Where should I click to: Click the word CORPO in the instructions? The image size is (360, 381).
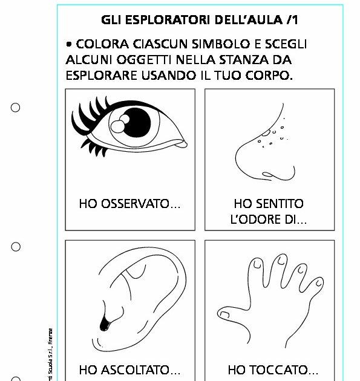pos(267,76)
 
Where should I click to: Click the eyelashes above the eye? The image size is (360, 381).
pos(91,110)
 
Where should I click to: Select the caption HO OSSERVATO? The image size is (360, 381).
pos(129,204)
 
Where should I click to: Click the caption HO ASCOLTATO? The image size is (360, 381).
pos(129,370)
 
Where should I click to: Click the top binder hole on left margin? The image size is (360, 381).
pos(16,108)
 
